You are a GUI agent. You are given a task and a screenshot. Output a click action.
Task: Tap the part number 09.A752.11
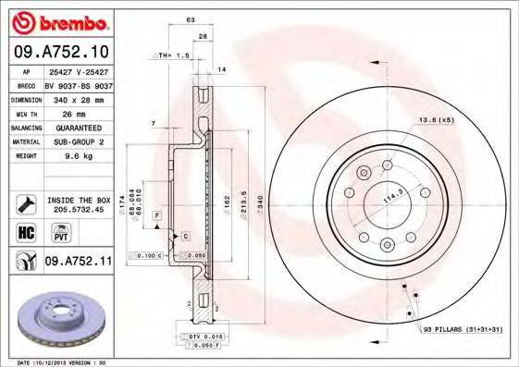(x=78, y=263)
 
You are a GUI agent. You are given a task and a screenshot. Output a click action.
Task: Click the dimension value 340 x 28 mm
(x=76, y=98)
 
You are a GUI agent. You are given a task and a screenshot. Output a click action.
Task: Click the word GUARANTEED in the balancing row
(x=76, y=127)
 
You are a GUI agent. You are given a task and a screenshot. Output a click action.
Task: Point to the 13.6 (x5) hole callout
(x=436, y=121)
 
